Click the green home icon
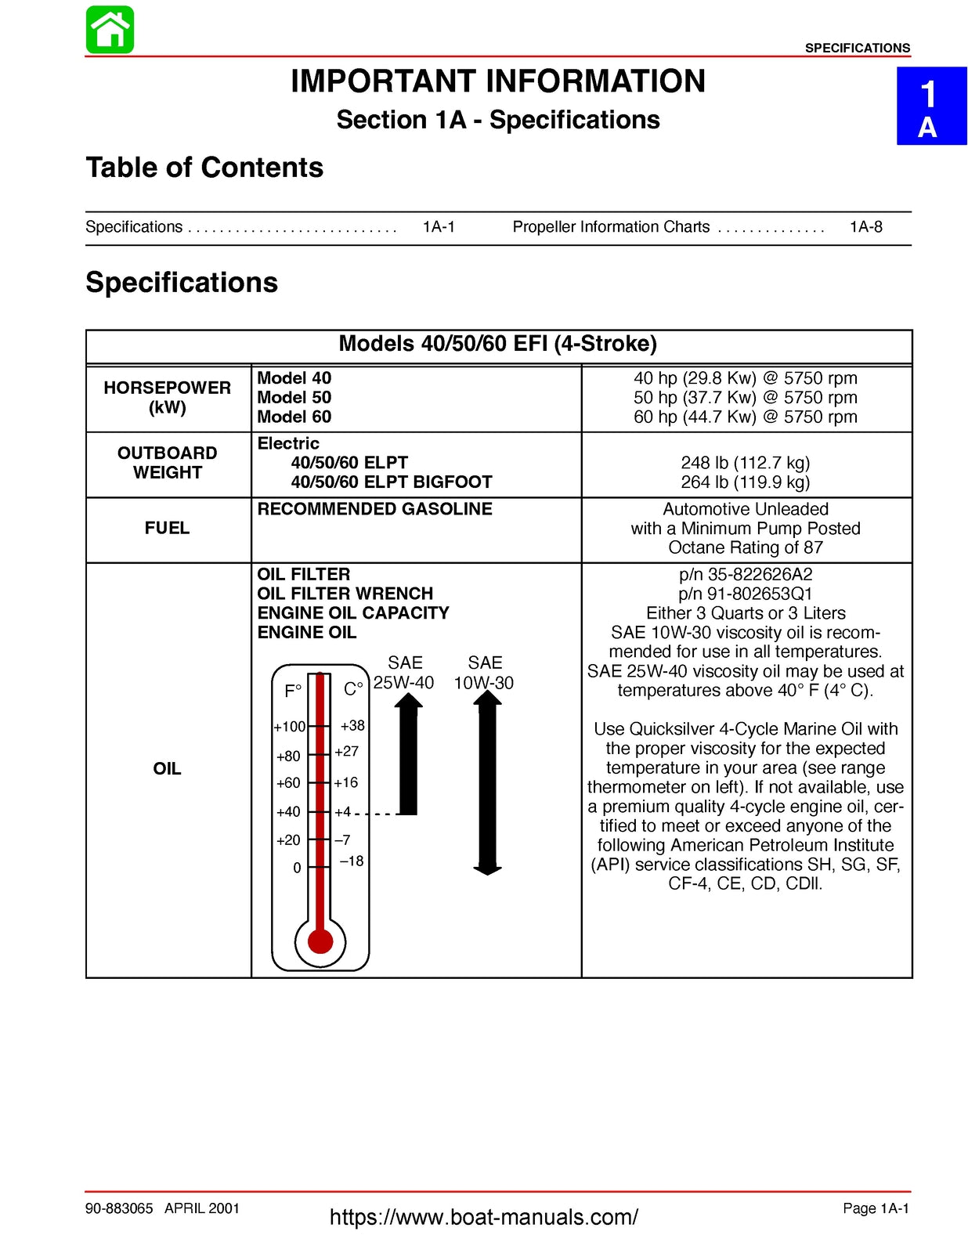(110, 30)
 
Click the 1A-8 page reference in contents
(865, 227)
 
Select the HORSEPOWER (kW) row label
(167, 397)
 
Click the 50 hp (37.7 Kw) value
(745, 397)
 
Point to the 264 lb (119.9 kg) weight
(745, 482)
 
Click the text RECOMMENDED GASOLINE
(374, 509)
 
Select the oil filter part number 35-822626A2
(745, 574)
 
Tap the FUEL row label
(167, 528)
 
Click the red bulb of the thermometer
(320, 940)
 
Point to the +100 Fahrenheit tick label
(289, 727)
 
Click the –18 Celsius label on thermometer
(352, 861)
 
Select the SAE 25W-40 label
(404, 673)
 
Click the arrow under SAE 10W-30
(487, 783)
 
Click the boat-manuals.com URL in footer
(483, 1217)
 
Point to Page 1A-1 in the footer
(875, 1208)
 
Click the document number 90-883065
(119, 1208)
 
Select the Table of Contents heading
(204, 168)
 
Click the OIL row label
(167, 768)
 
